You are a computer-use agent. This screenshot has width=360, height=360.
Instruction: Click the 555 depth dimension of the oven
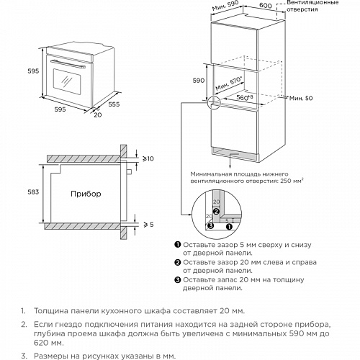[114, 104]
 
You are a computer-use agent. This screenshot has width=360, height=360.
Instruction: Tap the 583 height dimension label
[33, 192]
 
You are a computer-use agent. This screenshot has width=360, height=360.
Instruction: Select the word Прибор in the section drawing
[86, 194]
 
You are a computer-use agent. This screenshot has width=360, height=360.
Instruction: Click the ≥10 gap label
[148, 158]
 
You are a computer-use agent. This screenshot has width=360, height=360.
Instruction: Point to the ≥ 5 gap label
[148, 225]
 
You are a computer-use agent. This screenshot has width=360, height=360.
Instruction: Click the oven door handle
[68, 64]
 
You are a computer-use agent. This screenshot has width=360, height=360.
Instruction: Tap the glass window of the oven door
[66, 81]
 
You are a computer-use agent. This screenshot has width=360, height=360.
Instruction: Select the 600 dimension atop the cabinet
[266, 5]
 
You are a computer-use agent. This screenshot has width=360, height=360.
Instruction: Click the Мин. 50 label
[301, 98]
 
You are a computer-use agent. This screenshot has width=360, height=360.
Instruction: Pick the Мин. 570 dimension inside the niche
[228, 84]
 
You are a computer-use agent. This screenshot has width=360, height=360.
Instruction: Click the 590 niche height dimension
[199, 81]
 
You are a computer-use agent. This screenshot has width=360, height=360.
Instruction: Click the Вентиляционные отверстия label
[312, 6]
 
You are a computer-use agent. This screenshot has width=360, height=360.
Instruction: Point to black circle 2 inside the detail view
[216, 212]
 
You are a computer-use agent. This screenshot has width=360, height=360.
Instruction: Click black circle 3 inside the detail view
[210, 225]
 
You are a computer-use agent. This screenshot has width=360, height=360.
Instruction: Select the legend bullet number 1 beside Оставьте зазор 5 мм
[178, 245]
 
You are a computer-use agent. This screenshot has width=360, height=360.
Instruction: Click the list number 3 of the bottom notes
[23, 356]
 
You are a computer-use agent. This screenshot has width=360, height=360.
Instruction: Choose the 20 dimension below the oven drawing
[98, 115]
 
